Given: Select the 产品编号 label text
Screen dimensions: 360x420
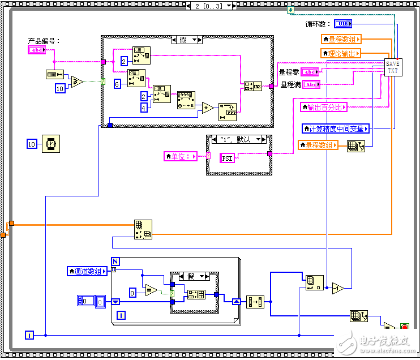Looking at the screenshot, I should [44, 41].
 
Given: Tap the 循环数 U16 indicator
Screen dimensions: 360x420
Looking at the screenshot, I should [343, 23].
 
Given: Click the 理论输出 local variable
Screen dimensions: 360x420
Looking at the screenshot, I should [341, 53].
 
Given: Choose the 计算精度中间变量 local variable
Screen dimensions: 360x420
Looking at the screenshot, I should [336, 128].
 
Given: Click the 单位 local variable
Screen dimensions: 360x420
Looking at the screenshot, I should [181, 156].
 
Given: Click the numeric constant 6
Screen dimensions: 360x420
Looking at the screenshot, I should [117, 83].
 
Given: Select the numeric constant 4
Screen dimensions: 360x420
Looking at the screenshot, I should [144, 108].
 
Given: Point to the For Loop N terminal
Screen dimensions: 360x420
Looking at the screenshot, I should [115, 261].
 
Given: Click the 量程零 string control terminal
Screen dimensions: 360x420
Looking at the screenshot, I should [310, 71].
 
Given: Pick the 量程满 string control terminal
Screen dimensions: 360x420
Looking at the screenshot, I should [311, 84].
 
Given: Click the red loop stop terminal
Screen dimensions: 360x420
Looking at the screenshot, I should [404, 327].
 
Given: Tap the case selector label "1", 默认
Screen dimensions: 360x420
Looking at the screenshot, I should [238, 139].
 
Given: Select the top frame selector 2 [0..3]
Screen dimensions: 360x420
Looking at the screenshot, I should [210, 5].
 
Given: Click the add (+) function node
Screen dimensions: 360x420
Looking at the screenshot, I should [208, 108].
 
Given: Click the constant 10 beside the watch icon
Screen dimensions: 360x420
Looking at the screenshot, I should [32, 144].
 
